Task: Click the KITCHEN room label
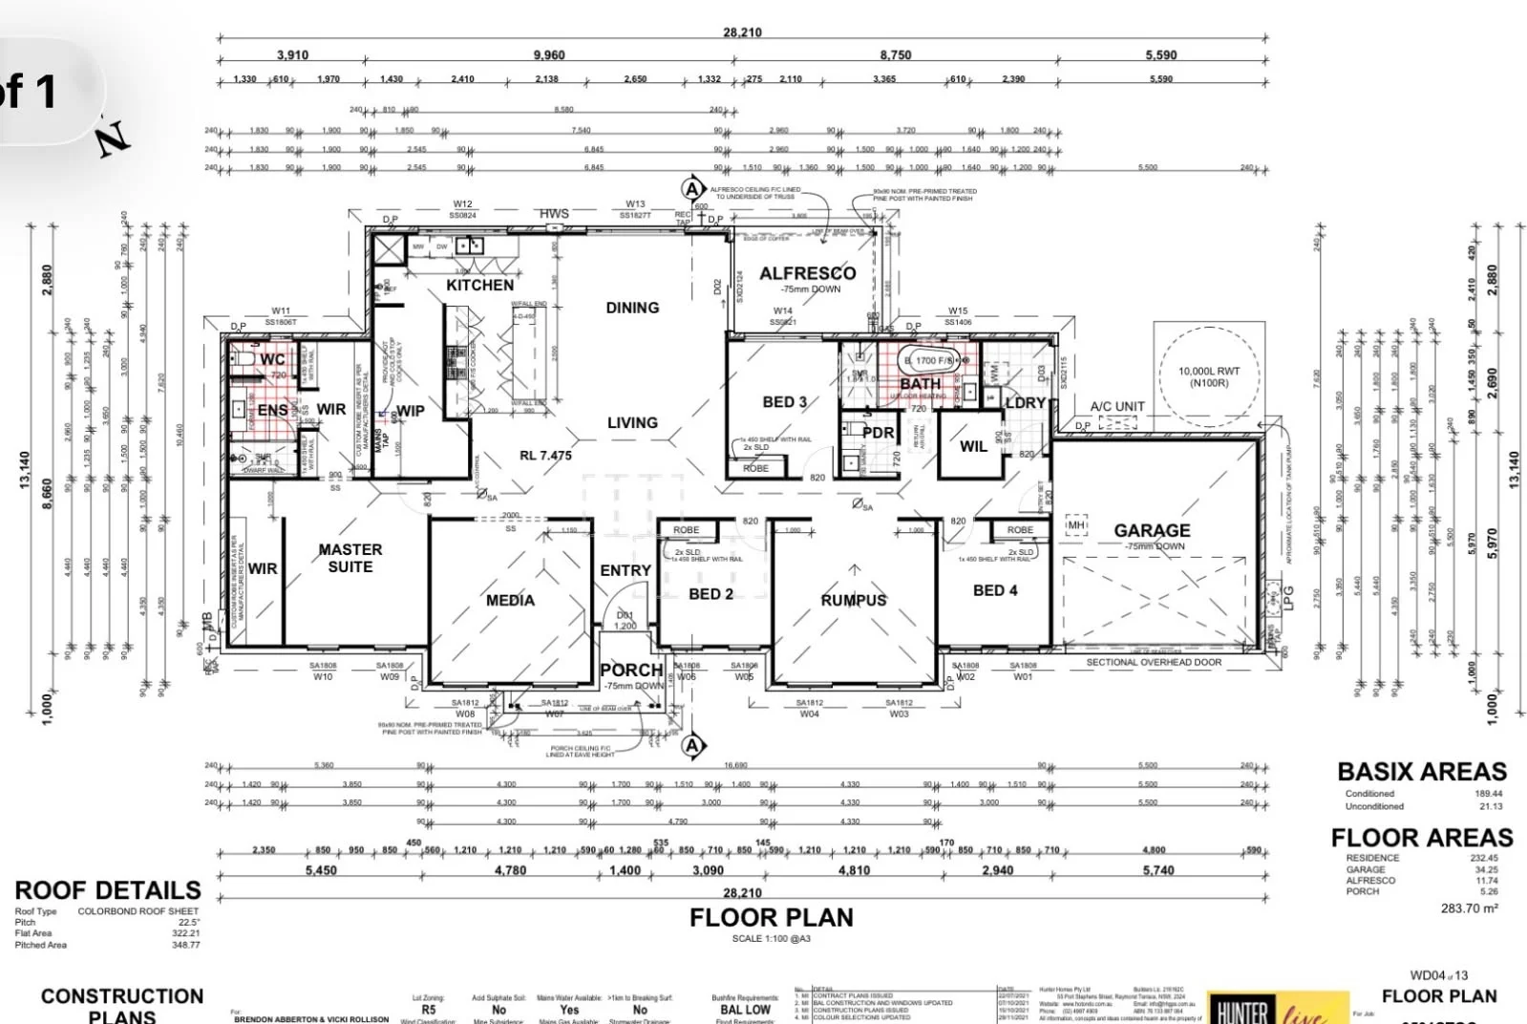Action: click(479, 285)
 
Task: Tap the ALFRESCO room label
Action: click(807, 273)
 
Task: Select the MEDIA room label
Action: click(510, 600)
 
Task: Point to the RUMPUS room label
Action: click(854, 600)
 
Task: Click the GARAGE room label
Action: click(1152, 530)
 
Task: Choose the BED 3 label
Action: click(784, 402)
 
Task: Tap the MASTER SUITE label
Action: click(350, 558)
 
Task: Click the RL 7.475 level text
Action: click(545, 456)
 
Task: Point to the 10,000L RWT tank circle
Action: click(1209, 377)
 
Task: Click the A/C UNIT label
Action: click(1117, 406)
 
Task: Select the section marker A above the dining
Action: click(692, 189)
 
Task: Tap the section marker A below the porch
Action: click(692, 745)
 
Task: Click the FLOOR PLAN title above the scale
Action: click(771, 918)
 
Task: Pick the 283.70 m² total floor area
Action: click(1469, 908)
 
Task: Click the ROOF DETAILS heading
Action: click(108, 890)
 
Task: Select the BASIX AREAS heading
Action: click(1421, 772)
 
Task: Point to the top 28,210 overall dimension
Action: click(742, 32)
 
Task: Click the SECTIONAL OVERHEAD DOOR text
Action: click(1154, 662)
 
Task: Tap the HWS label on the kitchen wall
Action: click(554, 214)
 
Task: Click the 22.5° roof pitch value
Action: click(189, 923)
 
